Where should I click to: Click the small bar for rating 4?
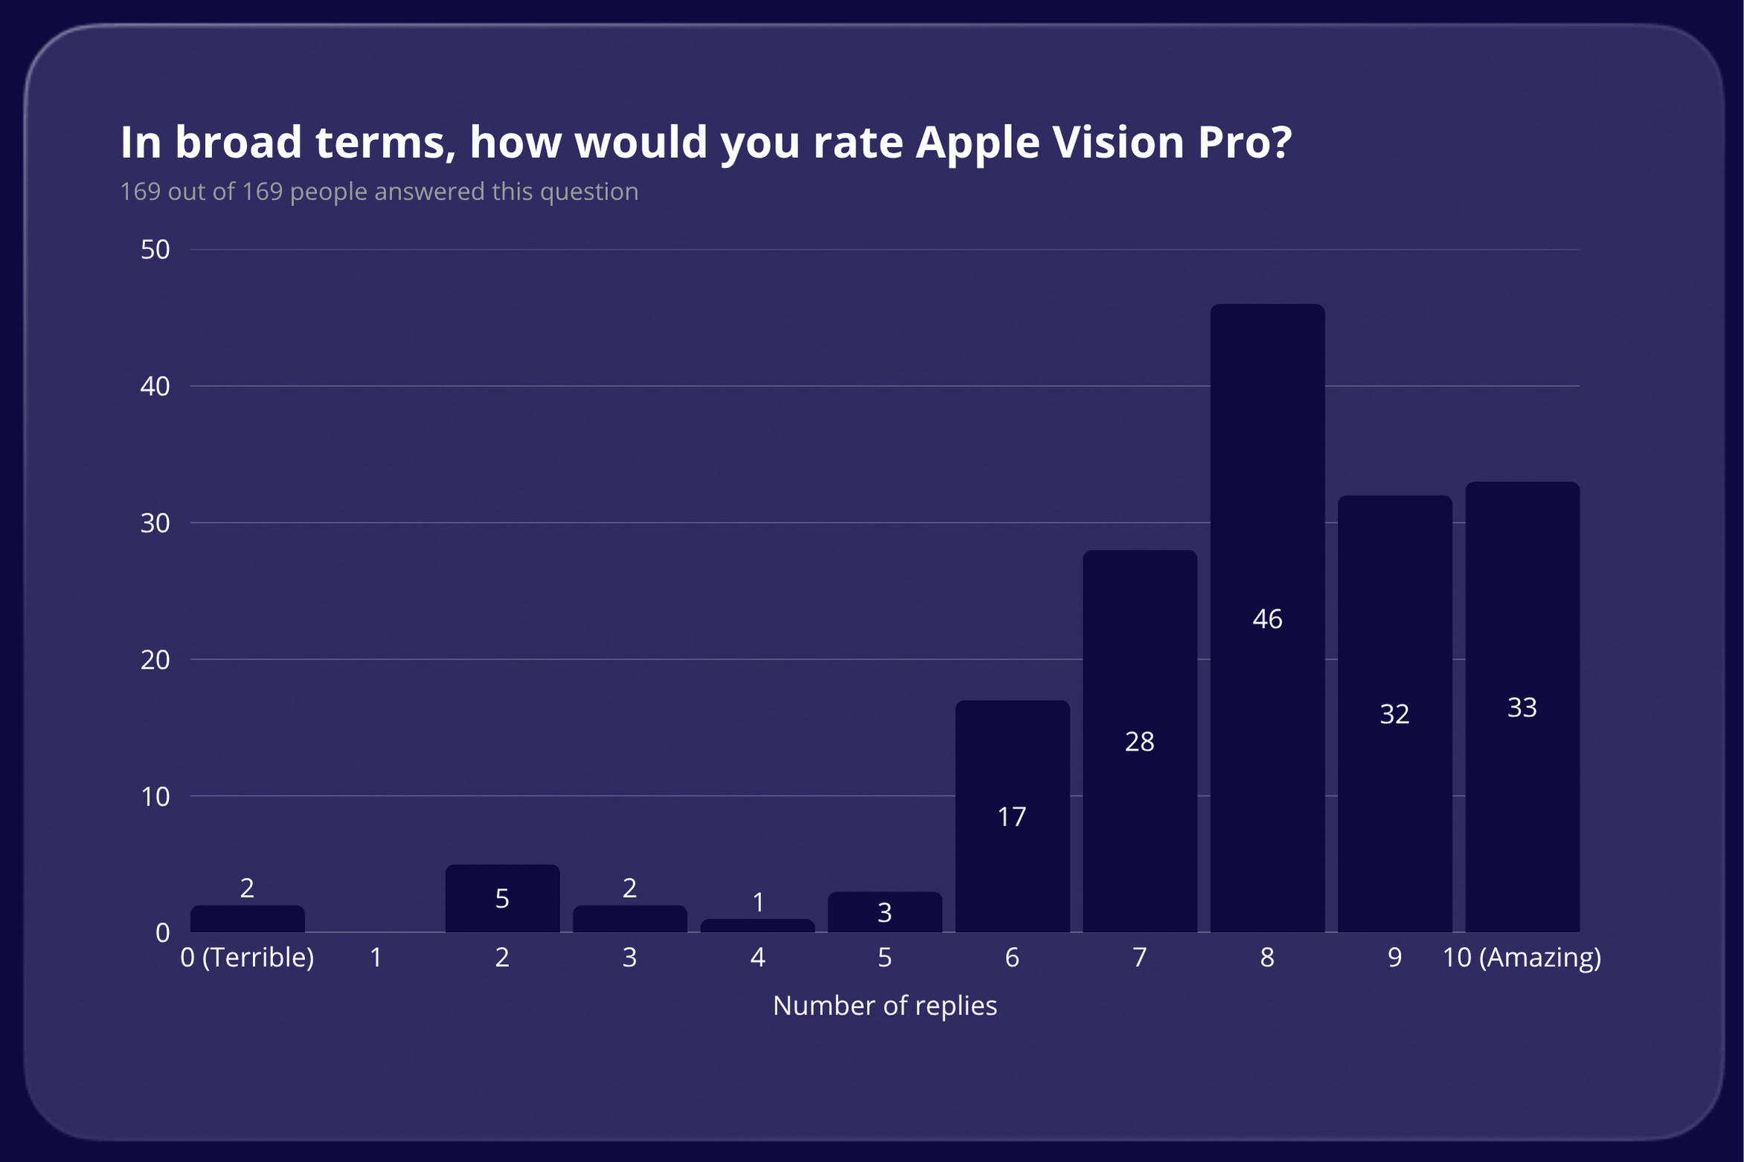tap(757, 925)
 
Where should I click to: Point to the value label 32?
tap(1394, 714)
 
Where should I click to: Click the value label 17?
tap(1012, 817)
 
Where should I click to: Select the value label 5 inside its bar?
tap(502, 899)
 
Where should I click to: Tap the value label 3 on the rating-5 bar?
tap(885, 913)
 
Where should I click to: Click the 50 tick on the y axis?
tap(155, 250)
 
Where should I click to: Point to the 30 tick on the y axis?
tap(155, 523)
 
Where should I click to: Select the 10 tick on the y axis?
tap(155, 797)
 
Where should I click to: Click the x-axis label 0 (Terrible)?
tap(247, 957)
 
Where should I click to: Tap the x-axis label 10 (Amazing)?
tap(1522, 957)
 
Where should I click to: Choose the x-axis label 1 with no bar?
tap(376, 957)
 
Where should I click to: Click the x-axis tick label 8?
tap(1267, 957)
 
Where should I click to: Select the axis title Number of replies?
tap(885, 1006)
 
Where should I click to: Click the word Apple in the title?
tap(977, 143)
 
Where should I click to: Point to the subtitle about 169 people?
tap(379, 192)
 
